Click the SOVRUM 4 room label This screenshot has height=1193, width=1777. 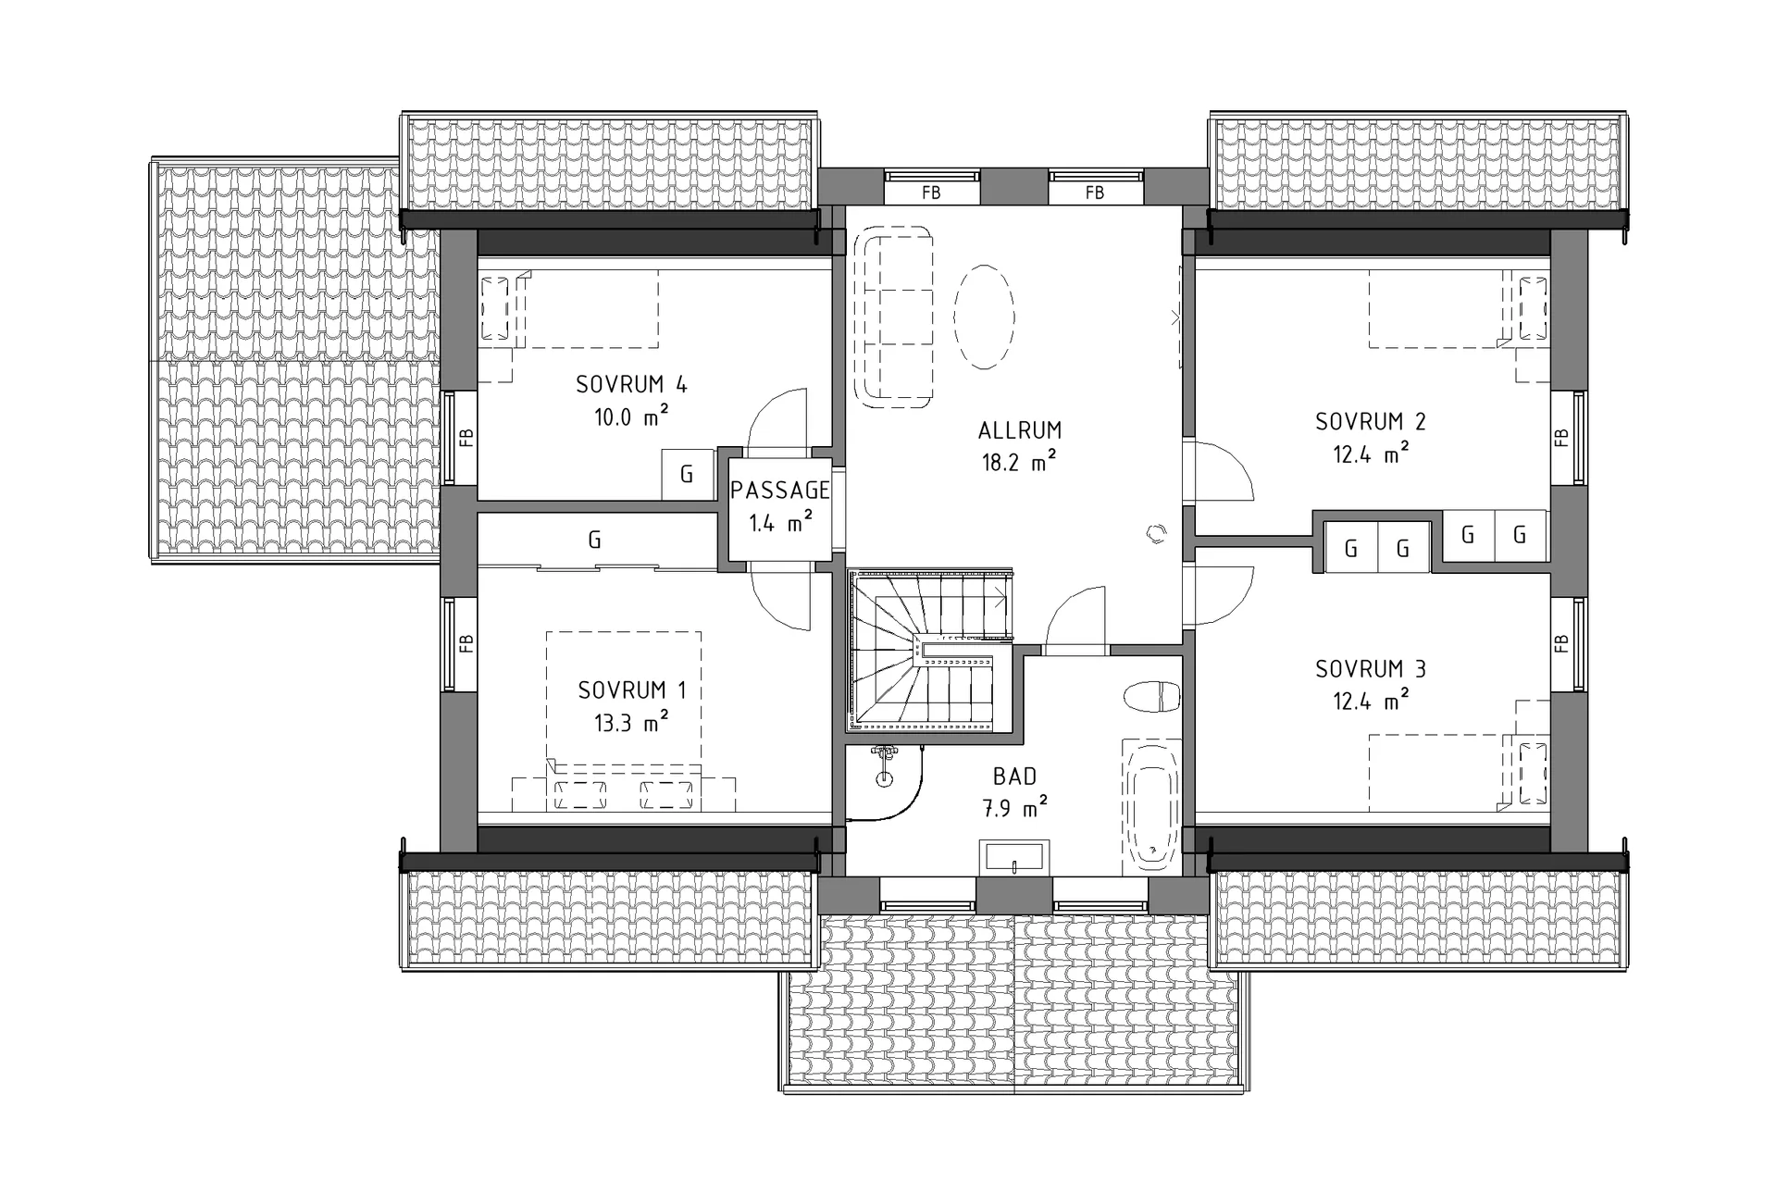click(x=631, y=384)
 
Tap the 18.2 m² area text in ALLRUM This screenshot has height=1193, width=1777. click(x=1019, y=461)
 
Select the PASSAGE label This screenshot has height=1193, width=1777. click(x=780, y=491)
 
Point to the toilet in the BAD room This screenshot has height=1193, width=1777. click(x=1153, y=697)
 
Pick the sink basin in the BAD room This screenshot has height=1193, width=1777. click(x=1014, y=856)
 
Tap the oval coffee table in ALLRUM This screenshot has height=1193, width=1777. click(x=984, y=317)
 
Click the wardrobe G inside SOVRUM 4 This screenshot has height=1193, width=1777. click(x=687, y=475)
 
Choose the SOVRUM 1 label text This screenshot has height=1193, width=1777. click(x=632, y=690)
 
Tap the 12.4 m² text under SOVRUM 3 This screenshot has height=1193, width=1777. click(x=1371, y=702)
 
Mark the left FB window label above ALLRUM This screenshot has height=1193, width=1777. click(x=931, y=193)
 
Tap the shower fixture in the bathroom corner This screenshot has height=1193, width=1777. click(x=886, y=763)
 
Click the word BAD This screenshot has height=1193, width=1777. click(x=1014, y=777)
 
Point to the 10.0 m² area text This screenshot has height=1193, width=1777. click(x=631, y=417)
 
